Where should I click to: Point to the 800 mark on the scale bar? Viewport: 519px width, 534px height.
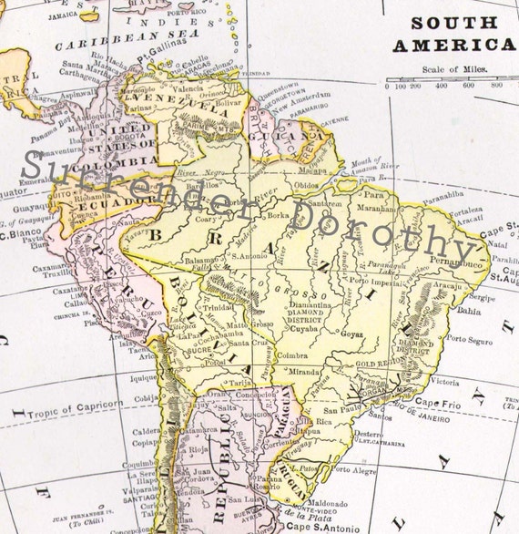pyautogui.click(x=496, y=86)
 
